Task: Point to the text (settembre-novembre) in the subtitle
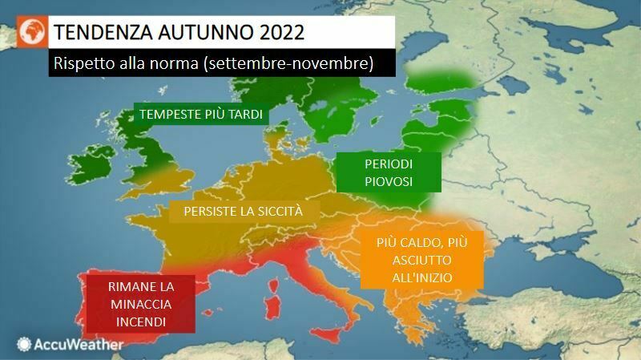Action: (x=290, y=63)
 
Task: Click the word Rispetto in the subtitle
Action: (x=82, y=63)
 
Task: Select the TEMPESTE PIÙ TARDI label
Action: (x=201, y=115)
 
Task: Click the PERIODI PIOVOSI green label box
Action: (x=388, y=172)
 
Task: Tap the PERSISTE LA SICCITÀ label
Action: (x=243, y=212)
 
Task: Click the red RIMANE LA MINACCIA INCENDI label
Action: (x=140, y=303)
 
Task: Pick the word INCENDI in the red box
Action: (x=140, y=322)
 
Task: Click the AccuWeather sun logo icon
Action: (x=23, y=345)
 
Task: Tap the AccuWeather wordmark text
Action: (x=79, y=345)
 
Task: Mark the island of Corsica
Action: (x=274, y=277)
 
